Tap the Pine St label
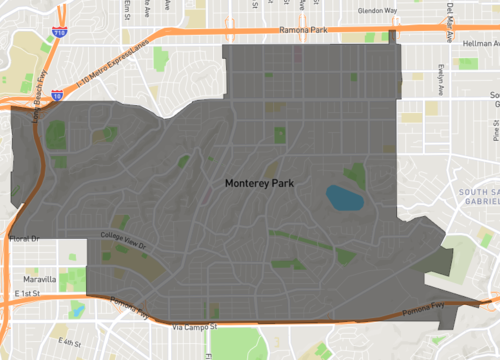pos(495,130)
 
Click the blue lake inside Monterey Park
pos(344,197)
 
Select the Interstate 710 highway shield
pos(60,32)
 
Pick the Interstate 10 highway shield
pos(57,96)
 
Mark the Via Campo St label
pos(195,327)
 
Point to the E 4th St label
pos(67,342)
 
